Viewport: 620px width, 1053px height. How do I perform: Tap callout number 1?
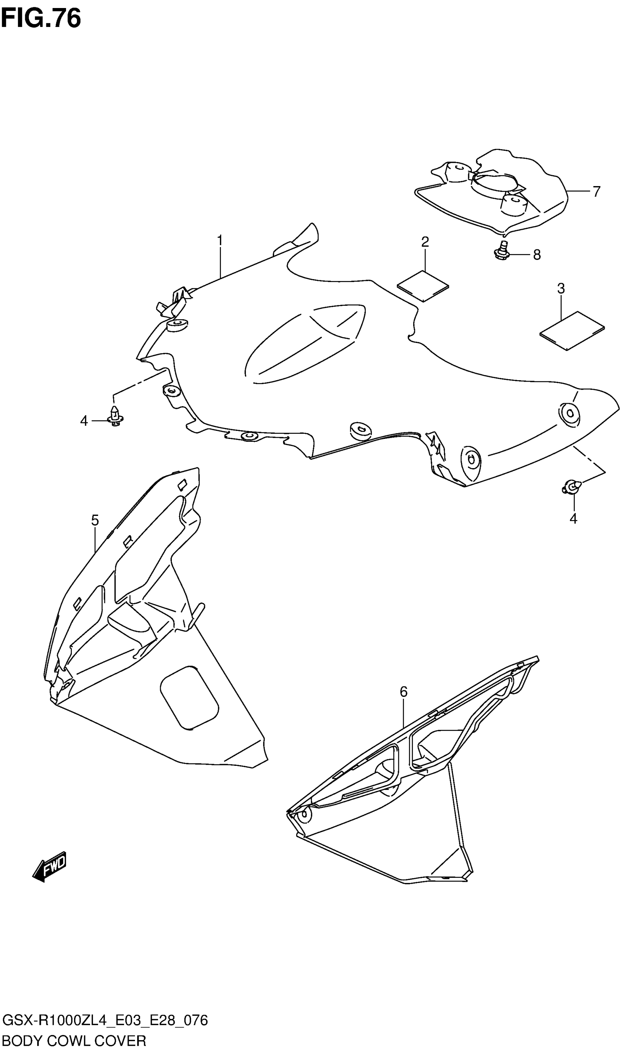point(220,241)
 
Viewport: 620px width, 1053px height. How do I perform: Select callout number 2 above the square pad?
point(425,242)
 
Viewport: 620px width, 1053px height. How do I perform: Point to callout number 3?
point(561,288)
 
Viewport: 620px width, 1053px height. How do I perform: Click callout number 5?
point(95,520)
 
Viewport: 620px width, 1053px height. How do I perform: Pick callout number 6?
point(403,691)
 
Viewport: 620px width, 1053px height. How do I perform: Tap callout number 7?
point(596,192)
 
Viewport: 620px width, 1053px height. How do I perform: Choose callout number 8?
point(537,254)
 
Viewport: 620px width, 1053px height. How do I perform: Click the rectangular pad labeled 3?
point(572,330)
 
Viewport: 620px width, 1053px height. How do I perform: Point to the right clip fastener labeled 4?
point(571,486)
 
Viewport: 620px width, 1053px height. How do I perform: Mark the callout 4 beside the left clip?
point(84,421)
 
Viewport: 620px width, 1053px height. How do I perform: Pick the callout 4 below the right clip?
point(573,518)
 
